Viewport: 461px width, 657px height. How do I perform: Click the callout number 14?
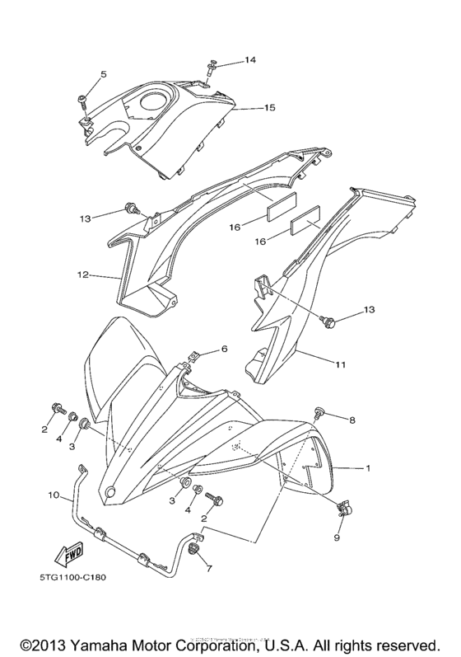(250, 61)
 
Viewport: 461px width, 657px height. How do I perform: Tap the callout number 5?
(103, 75)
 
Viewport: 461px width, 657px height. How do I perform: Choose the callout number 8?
(352, 420)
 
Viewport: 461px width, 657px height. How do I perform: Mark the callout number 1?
(368, 468)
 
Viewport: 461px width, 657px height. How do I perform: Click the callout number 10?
(54, 496)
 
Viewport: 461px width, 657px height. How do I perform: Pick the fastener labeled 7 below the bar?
(194, 550)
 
